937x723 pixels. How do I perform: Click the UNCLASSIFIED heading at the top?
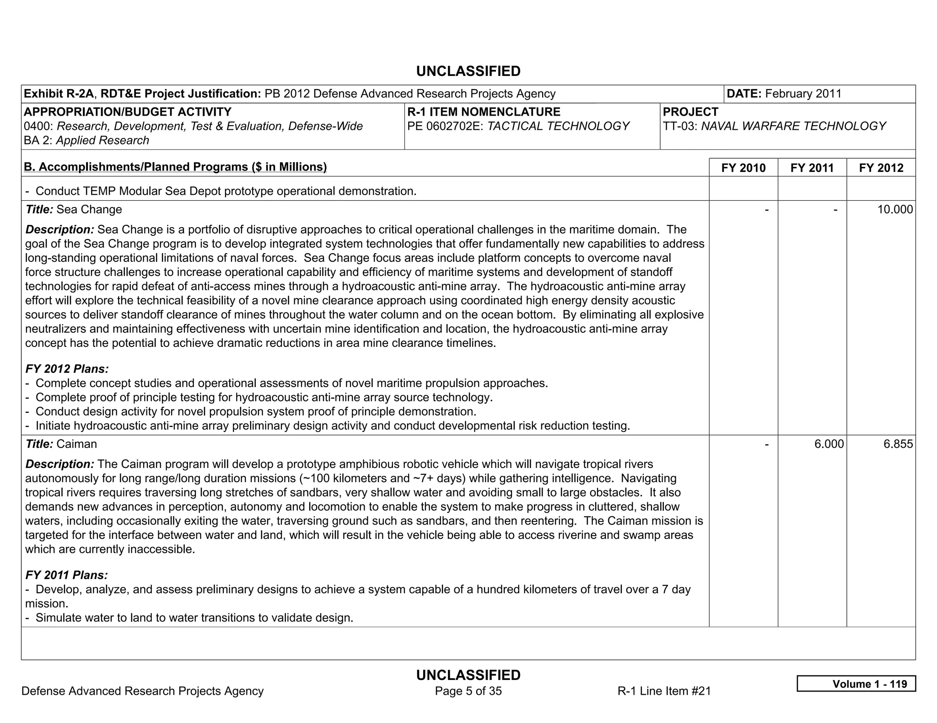click(x=468, y=71)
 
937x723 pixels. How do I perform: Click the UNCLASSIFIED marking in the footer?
click(x=468, y=675)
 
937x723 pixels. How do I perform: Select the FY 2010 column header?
click(x=743, y=168)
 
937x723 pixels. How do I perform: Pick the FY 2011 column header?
click(x=812, y=168)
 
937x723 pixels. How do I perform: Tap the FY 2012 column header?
click(x=881, y=168)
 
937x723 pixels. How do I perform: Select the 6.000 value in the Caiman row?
click(x=829, y=444)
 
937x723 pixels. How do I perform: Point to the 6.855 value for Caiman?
click(x=898, y=444)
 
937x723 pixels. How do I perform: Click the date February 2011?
click(x=803, y=94)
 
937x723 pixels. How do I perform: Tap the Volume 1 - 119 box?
click(x=856, y=684)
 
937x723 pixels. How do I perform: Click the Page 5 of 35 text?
click(x=468, y=691)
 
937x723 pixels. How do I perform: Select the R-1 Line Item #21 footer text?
click(x=664, y=691)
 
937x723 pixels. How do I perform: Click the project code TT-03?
click(x=680, y=126)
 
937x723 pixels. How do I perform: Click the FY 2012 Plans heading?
click(x=67, y=369)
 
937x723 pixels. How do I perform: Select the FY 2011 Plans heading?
click(x=66, y=575)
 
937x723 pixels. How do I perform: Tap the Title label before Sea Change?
click(x=39, y=210)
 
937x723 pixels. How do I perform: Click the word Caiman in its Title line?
click(x=76, y=444)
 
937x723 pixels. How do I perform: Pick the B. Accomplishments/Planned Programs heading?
click(x=175, y=167)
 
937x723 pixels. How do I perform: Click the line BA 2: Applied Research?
click(x=86, y=140)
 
